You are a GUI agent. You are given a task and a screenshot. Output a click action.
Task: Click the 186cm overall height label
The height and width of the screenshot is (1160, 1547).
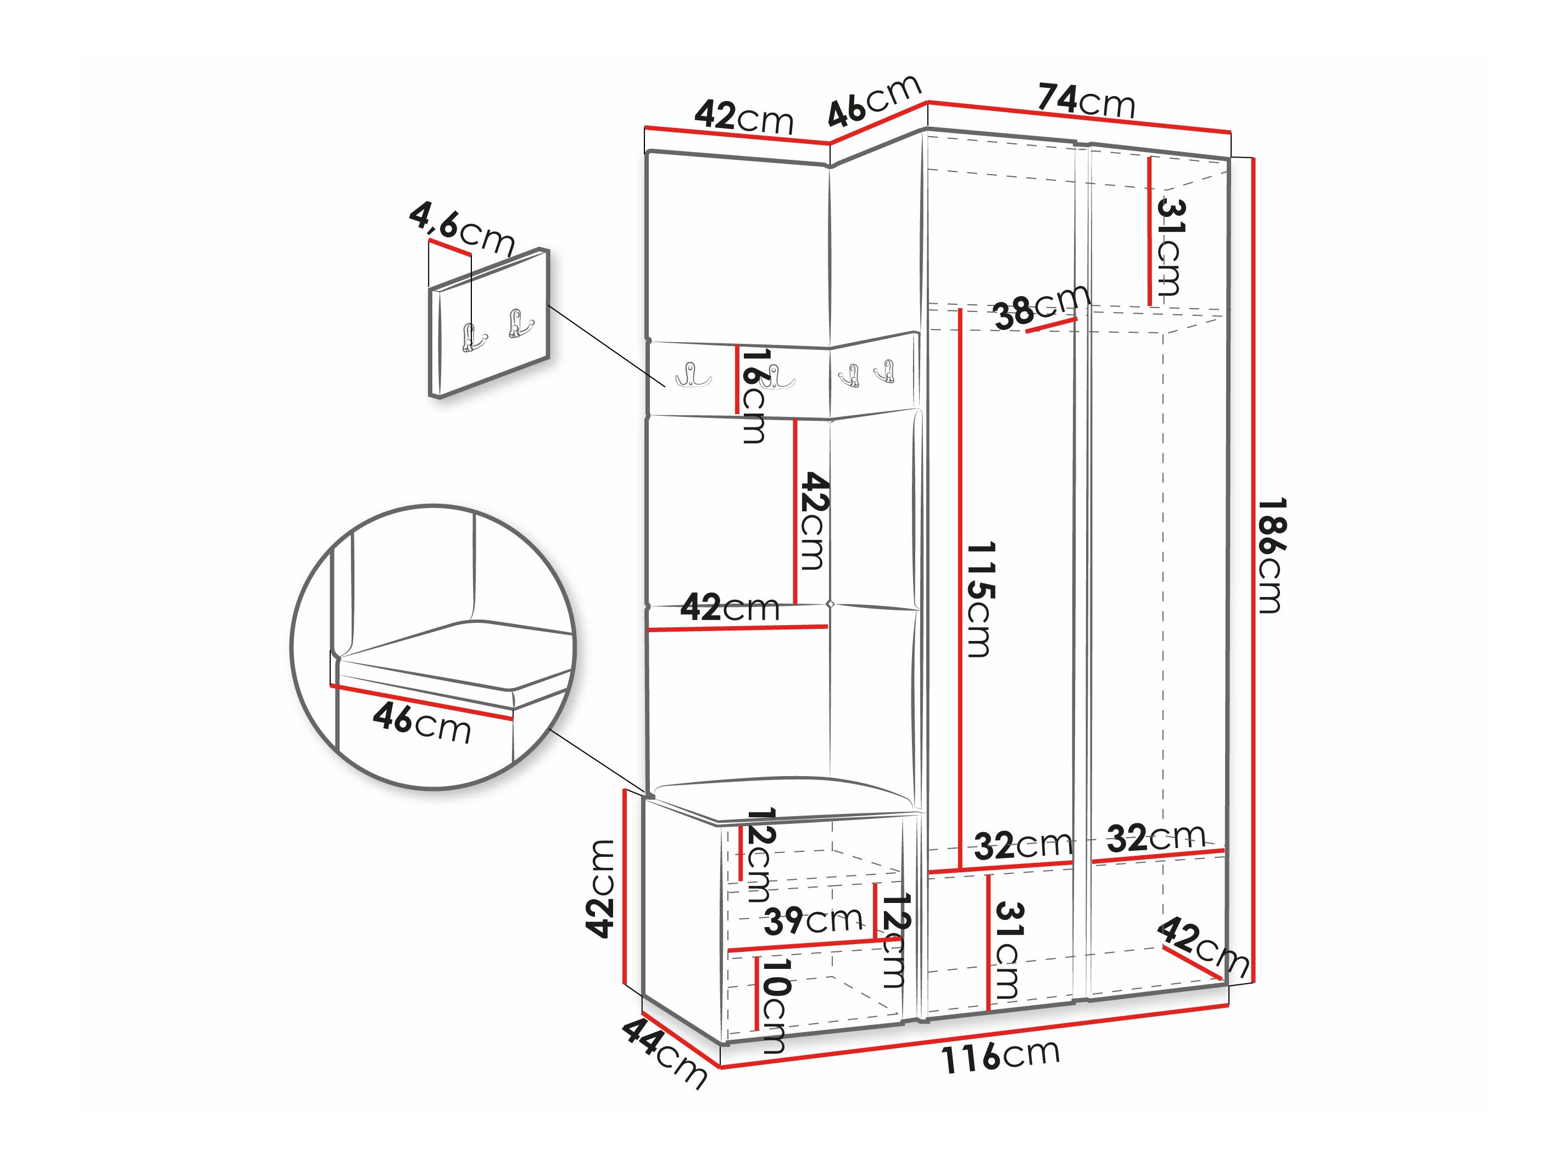[x=1270, y=555]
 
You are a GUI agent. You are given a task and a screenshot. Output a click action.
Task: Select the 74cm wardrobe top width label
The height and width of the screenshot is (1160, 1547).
[x=1086, y=101]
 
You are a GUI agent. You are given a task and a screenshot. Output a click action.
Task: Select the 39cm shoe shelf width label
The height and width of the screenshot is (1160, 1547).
[x=812, y=921]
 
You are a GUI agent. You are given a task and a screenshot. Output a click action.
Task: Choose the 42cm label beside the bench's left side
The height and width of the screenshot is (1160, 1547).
[x=600, y=888]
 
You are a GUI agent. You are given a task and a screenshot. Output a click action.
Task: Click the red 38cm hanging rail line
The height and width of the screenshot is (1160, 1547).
[x=1051, y=325]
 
